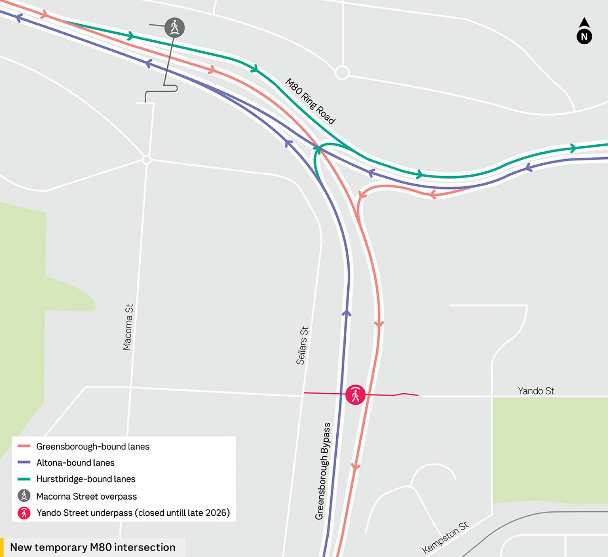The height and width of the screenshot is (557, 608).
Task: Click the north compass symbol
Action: point(584,32)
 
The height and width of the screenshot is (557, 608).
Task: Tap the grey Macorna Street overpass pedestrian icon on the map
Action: point(174,28)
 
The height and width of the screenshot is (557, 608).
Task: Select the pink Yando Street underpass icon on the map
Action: point(355,395)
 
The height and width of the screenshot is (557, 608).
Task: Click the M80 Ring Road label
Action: point(310,101)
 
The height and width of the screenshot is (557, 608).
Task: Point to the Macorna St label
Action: point(128,327)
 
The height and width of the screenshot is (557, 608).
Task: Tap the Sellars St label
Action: point(302,346)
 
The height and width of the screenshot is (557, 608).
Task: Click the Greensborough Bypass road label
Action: point(323,471)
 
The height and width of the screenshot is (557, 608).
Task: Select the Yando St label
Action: point(536,391)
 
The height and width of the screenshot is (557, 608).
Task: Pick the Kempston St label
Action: point(445,537)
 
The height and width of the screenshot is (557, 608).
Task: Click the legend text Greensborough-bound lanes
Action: point(93,446)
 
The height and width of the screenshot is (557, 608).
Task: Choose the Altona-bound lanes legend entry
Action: point(75,463)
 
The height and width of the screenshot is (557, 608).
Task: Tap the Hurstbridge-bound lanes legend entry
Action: point(86,479)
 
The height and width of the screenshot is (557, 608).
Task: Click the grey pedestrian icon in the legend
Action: point(24,496)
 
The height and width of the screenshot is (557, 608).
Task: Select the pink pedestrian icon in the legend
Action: point(24,513)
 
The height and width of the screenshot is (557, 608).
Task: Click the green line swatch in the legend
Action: point(24,479)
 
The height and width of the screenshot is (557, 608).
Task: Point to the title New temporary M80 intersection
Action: point(93,547)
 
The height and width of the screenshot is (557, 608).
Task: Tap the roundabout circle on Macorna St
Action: point(147,160)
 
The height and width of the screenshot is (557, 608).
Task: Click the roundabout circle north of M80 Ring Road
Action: point(342,73)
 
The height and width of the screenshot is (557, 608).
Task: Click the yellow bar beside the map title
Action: point(2,547)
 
